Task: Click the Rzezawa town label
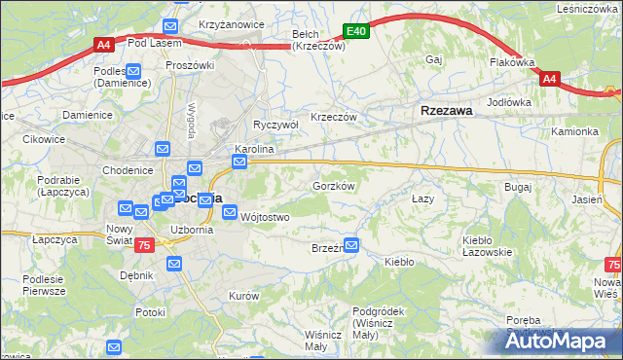[x=447, y=112]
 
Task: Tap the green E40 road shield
[x=357, y=32]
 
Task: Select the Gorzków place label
[x=332, y=185]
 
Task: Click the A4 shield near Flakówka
[x=549, y=79]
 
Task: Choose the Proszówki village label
[x=189, y=65]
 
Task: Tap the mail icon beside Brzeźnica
[x=351, y=245]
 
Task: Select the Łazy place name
[x=421, y=198]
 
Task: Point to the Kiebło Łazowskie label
[x=487, y=245]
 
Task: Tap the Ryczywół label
[x=275, y=125]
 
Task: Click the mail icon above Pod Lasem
[x=169, y=27]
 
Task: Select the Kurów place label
[x=242, y=295]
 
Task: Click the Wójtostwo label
[x=265, y=217]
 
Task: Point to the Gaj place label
[x=434, y=60]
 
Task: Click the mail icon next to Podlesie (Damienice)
[x=133, y=71]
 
